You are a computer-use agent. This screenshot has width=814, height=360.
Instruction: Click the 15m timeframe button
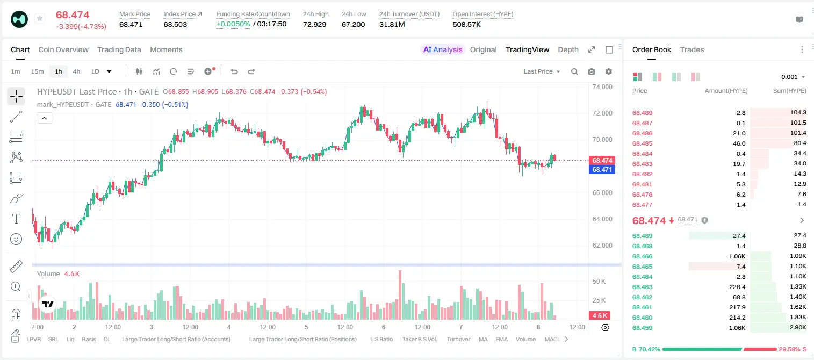point(37,71)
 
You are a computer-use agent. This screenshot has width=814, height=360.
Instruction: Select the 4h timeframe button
point(76,71)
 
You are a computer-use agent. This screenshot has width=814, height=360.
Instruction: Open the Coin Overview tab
point(63,49)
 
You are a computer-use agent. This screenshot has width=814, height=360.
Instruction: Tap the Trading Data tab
point(119,49)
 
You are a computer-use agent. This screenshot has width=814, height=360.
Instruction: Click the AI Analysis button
point(443,49)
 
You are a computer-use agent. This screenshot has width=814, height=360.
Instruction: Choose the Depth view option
point(568,49)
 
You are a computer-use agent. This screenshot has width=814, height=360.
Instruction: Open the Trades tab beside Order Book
point(692,49)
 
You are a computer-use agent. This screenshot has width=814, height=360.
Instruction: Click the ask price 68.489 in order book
point(642,113)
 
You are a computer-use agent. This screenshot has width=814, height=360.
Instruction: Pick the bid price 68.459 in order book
point(642,328)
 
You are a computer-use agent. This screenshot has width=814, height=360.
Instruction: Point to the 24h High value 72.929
point(314,24)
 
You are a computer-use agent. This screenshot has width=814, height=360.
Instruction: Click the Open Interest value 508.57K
point(466,24)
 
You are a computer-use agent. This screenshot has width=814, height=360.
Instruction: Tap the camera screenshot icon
point(592,71)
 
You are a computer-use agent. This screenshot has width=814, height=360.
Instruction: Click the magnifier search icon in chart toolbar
point(574,71)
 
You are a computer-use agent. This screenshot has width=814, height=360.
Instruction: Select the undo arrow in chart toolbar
point(234,71)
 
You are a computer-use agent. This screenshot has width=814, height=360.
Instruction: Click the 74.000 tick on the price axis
point(602,87)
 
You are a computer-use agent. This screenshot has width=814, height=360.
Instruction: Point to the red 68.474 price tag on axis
point(602,160)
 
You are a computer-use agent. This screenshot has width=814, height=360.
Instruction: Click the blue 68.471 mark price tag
point(602,170)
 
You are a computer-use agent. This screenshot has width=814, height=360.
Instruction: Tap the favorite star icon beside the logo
point(40,18)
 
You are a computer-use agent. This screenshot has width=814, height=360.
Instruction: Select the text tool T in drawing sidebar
point(16,219)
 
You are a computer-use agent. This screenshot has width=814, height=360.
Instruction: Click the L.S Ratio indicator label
point(381,339)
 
